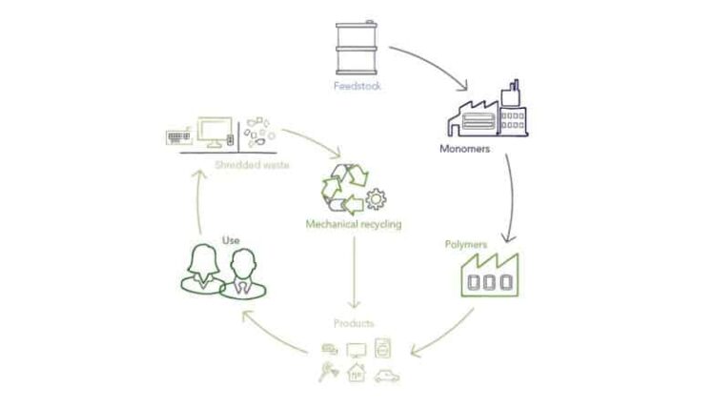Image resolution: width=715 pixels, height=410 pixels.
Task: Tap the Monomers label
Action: [x=465, y=149]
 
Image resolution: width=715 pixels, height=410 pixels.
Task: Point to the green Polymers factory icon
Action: [x=489, y=273]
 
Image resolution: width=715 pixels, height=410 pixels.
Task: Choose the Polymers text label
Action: [x=466, y=244]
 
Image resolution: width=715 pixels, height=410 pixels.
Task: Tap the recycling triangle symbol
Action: [x=342, y=186]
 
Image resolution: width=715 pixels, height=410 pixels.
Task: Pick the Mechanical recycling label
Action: [x=353, y=225]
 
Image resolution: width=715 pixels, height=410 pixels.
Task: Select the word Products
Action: [x=354, y=324]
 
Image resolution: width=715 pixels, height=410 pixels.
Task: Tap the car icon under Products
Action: [x=386, y=376]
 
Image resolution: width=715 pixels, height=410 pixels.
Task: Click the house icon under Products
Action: [x=357, y=373]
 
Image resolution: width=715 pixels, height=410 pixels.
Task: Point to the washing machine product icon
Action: [x=383, y=348]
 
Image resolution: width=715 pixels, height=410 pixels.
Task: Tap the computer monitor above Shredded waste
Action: [x=215, y=132]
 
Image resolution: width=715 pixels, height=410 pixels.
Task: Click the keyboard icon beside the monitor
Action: [x=179, y=137]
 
